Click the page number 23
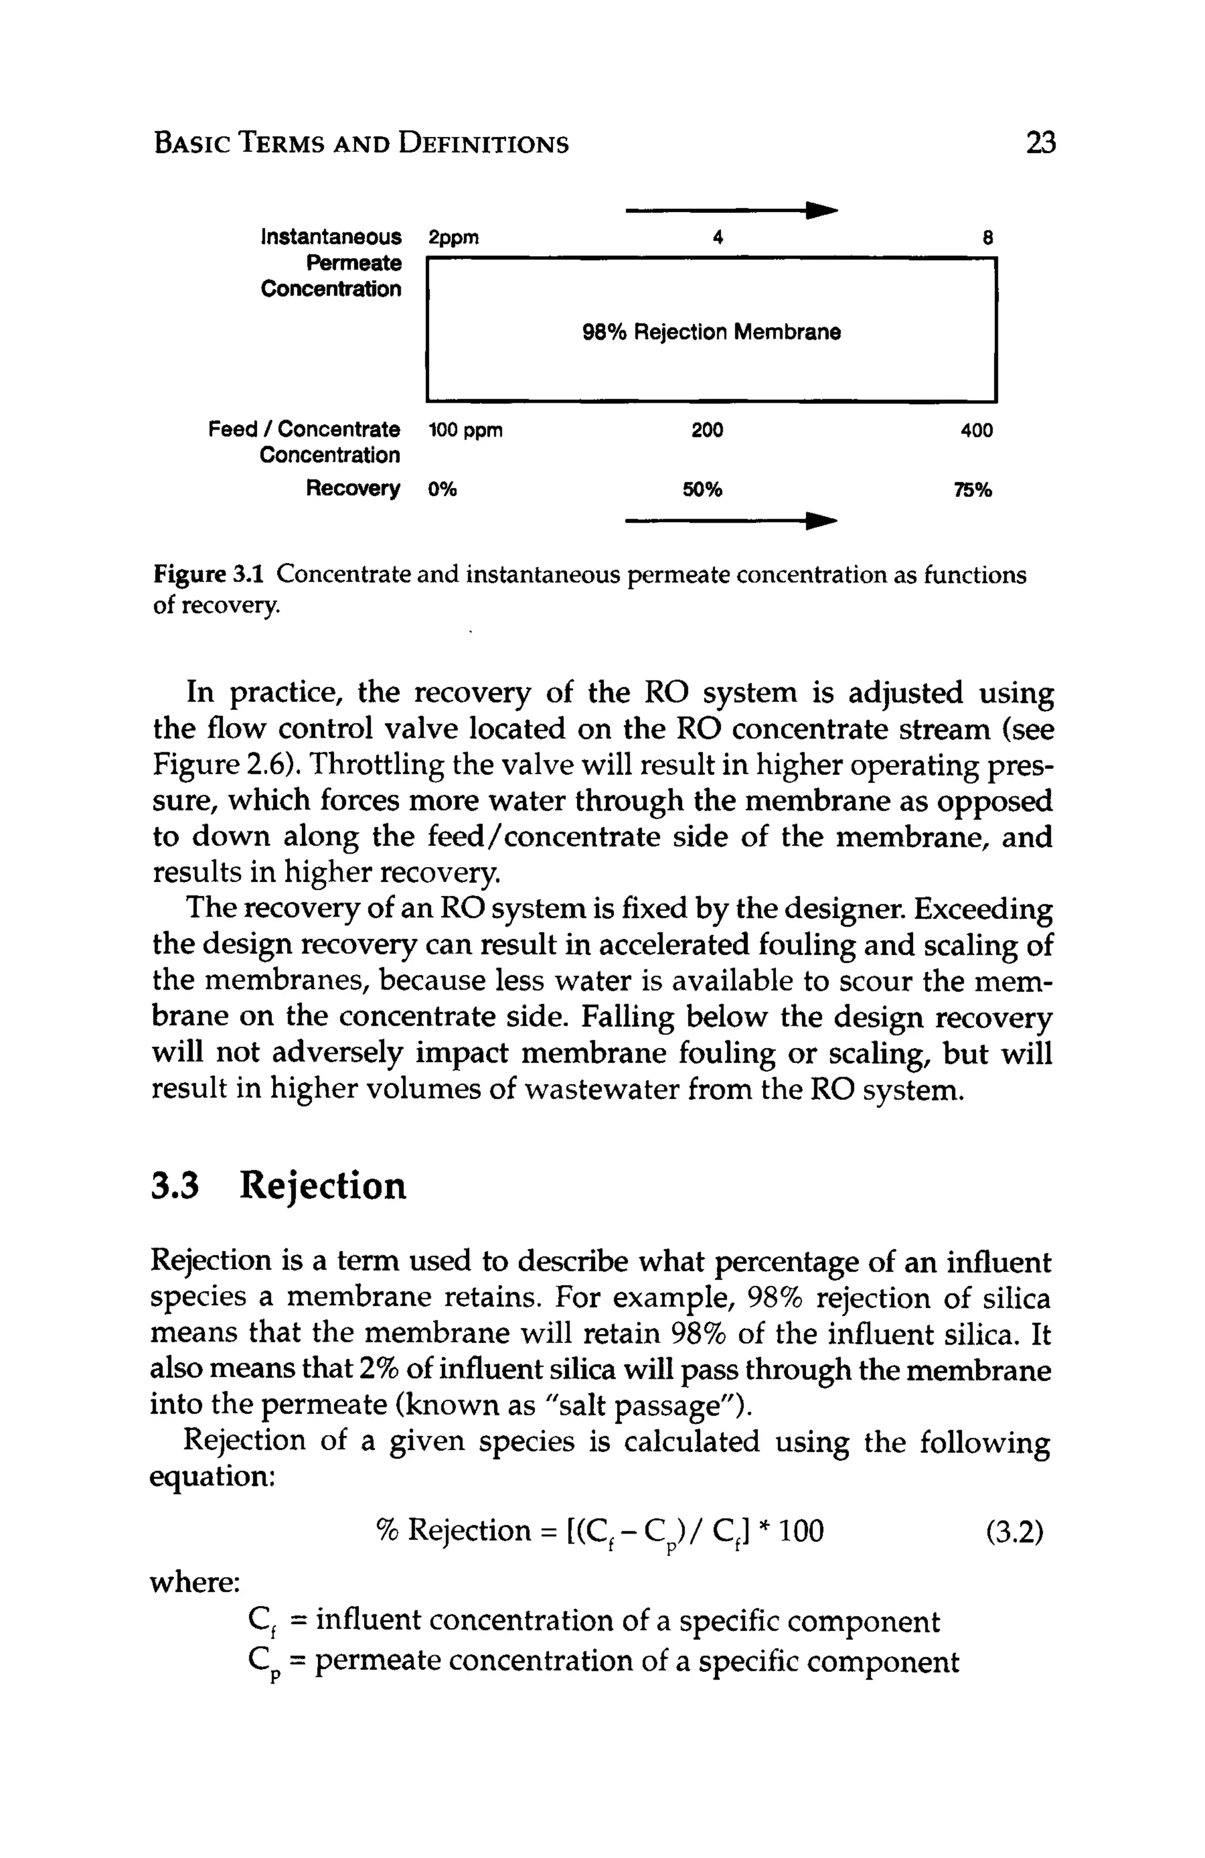click(x=1040, y=143)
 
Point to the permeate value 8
click(x=987, y=237)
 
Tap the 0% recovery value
click(x=442, y=489)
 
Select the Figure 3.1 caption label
click(x=208, y=575)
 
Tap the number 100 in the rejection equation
click(x=801, y=1530)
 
